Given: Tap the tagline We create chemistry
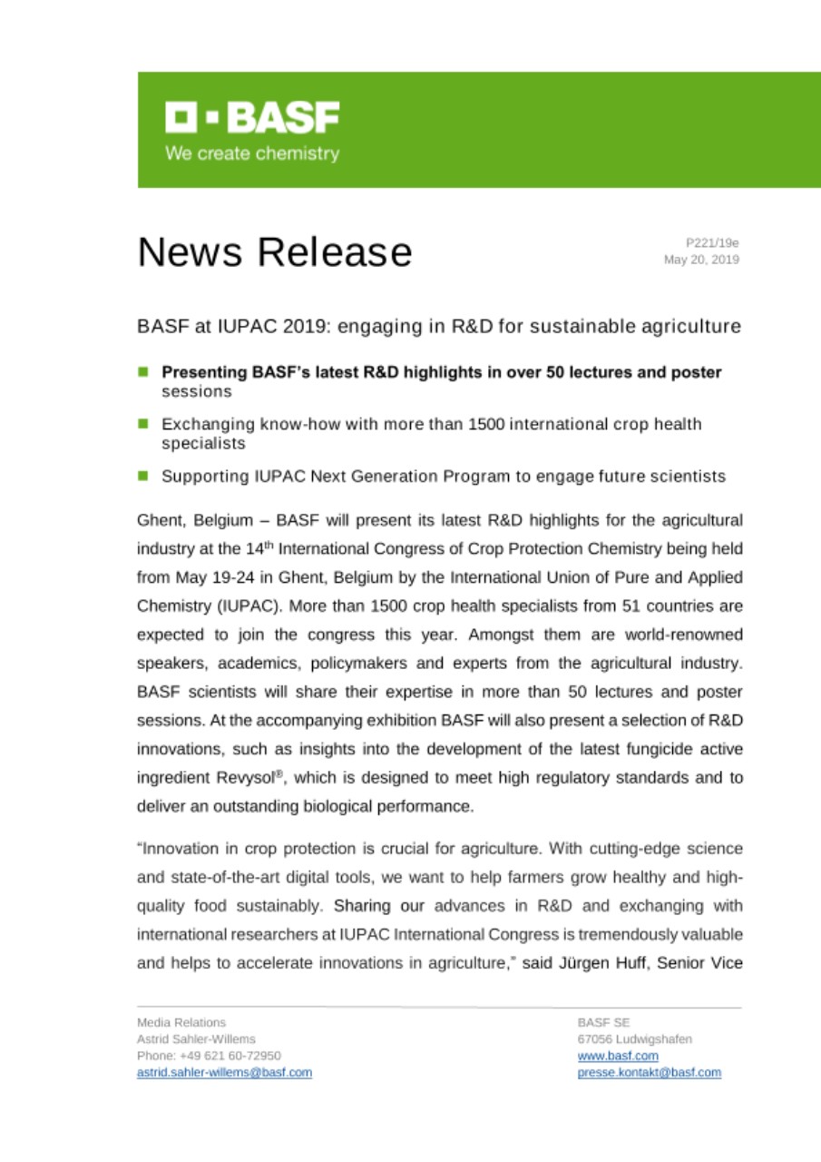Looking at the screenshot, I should (x=251, y=153).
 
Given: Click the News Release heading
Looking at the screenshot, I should (x=274, y=251).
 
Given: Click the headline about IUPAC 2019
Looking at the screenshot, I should (x=439, y=326).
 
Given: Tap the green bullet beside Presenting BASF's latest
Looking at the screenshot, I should (x=143, y=372).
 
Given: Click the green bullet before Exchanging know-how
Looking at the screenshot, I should (x=143, y=424).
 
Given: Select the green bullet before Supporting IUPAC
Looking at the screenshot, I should (x=143, y=476).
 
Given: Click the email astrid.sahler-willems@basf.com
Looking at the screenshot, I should (x=224, y=1072).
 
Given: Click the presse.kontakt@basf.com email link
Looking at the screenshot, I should (x=649, y=1072).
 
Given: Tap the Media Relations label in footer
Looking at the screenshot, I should (x=181, y=1022).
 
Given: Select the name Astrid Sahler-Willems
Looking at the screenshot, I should (x=196, y=1039).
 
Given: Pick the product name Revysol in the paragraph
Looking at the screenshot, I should (x=220, y=778).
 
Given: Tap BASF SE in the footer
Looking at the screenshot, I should (x=597, y=1022).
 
